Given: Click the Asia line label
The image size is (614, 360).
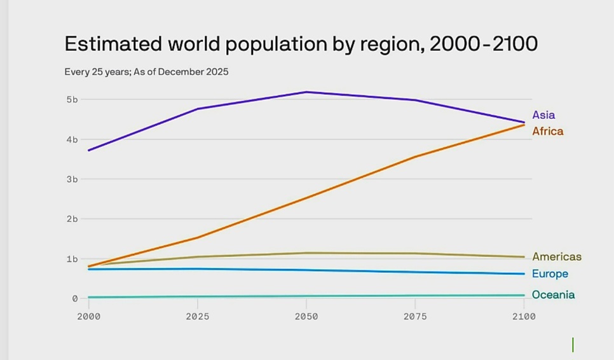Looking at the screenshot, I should [543, 115].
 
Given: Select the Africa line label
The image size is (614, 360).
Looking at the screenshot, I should [547, 132].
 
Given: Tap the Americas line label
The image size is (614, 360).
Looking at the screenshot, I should [557, 257].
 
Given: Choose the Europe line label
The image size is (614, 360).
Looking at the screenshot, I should [550, 274].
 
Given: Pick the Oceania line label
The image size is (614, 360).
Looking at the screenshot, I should [553, 295].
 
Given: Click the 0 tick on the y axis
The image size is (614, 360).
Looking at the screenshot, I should [74, 298].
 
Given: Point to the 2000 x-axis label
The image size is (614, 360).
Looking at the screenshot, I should [88, 316].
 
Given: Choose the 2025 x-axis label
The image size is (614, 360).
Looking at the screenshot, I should [198, 316].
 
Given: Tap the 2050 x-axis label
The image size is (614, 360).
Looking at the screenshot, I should [306, 316].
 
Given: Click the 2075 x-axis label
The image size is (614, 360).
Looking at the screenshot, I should [415, 316].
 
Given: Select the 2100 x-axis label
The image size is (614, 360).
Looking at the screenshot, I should [524, 316].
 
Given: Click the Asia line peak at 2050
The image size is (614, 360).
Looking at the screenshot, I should [306, 92].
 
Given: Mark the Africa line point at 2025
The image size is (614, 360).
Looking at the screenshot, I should [198, 238].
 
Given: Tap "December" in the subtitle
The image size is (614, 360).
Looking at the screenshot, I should [180, 72].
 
